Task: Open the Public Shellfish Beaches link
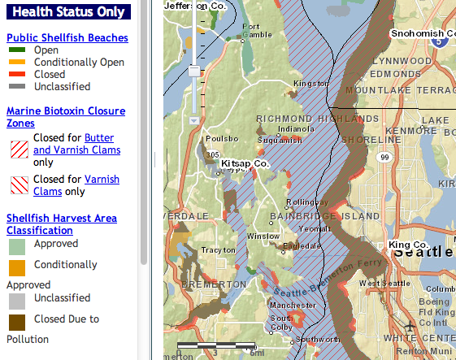tap(67, 37)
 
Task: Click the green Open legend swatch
tap(17, 50)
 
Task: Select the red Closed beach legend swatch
tap(17, 75)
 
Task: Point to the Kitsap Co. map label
tap(244, 163)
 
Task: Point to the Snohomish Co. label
tap(422, 33)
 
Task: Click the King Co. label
tap(409, 245)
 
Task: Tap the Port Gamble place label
tap(256, 29)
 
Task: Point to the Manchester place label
tap(288, 305)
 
